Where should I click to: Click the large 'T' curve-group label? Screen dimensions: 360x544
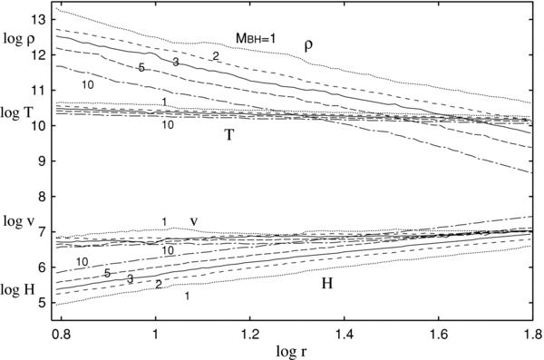click(231, 135)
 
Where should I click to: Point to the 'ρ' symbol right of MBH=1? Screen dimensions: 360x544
click(307, 43)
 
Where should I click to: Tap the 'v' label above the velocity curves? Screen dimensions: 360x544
click(194, 220)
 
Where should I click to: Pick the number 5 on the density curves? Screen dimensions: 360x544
click(141, 67)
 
